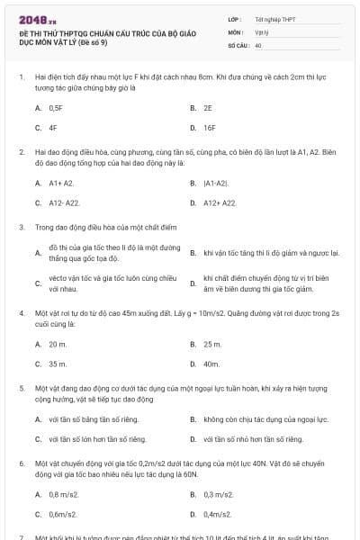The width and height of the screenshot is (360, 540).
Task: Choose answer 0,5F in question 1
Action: pos(55,107)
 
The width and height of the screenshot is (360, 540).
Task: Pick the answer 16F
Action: pos(211,128)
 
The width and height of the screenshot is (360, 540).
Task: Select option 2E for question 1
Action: pos(208,107)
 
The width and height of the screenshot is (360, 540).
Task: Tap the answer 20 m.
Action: pos(58,344)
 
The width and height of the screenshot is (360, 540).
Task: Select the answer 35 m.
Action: pos(58,364)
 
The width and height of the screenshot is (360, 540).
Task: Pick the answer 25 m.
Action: pos(212,344)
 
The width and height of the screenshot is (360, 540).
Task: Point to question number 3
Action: pos(22,228)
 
